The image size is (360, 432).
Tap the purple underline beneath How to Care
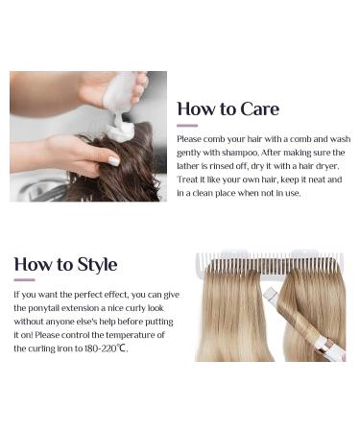[x=187, y=125]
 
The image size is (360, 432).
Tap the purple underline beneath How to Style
[x=24, y=280]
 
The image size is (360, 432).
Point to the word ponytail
[x=34, y=307]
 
